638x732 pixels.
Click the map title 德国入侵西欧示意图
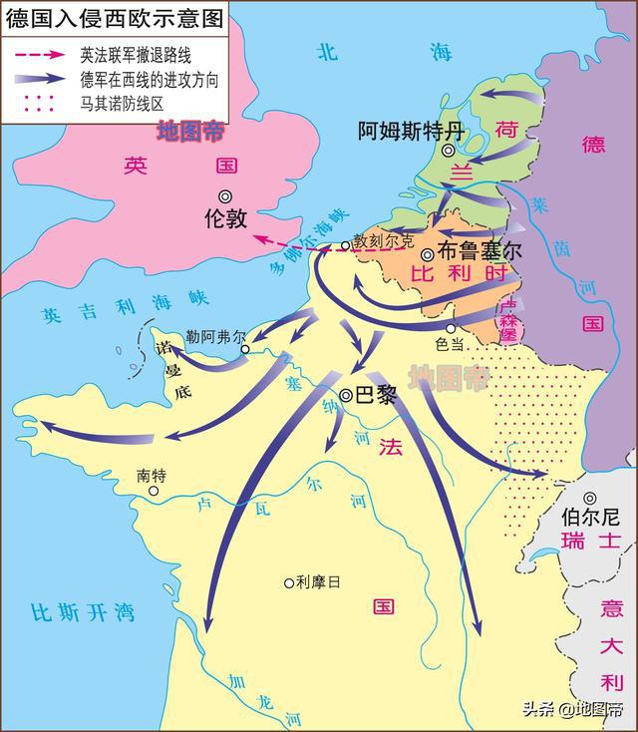(111, 17)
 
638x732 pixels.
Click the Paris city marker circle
(346, 395)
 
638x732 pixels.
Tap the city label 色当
(451, 343)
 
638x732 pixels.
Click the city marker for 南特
(154, 491)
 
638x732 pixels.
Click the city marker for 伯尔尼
(590, 498)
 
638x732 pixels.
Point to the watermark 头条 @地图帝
(578, 709)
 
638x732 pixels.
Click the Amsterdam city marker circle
(450, 151)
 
